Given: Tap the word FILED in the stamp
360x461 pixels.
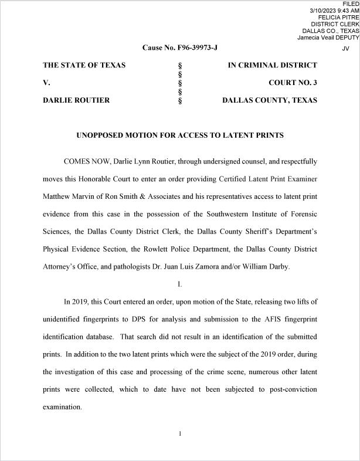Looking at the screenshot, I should (350, 4).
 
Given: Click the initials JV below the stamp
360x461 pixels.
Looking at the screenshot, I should (345, 49).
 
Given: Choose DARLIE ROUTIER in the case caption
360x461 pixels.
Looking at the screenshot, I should (76, 100).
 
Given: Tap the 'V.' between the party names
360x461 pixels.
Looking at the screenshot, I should (46, 83).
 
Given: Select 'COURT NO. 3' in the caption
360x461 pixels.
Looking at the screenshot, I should (293, 83).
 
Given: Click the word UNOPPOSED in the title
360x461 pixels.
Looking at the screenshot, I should (103, 135).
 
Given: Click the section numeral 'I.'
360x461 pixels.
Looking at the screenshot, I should (180, 284).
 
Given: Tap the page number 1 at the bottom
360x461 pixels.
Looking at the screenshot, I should (180, 433).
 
